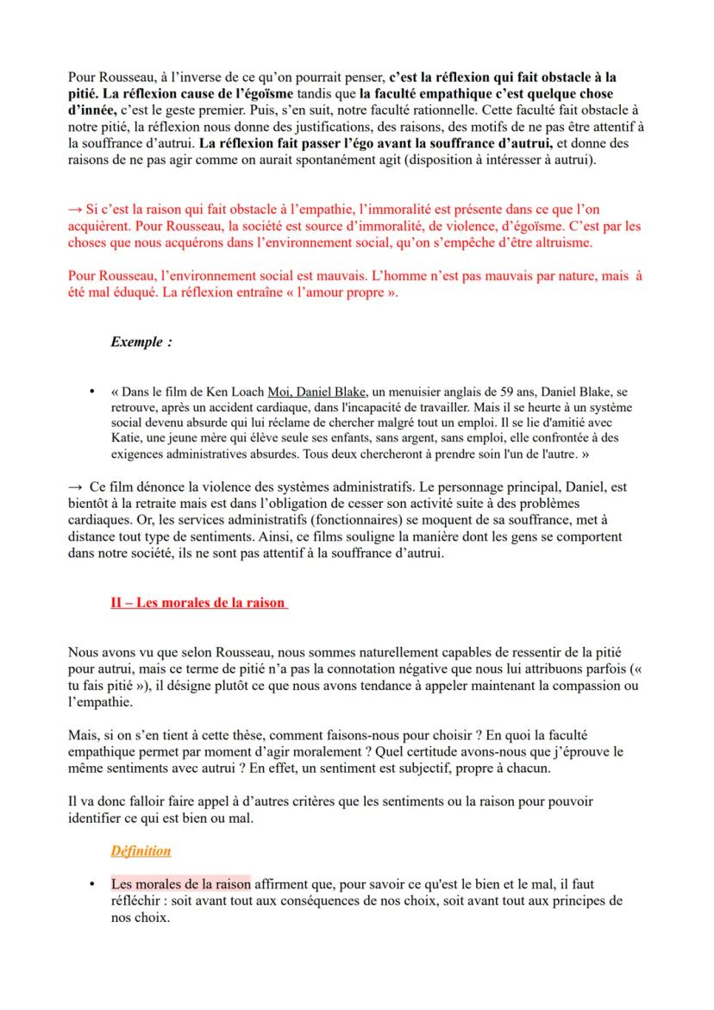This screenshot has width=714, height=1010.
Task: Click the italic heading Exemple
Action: click(x=141, y=342)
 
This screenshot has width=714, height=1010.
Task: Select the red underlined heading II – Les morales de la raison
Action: click(x=198, y=603)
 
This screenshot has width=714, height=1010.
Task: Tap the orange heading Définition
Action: click(x=141, y=850)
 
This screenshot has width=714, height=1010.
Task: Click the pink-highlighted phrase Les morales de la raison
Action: click(x=180, y=883)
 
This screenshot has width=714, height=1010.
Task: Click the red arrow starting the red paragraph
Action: click(x=75, y=208)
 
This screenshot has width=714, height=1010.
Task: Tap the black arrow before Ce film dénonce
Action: click(x=76, y=488)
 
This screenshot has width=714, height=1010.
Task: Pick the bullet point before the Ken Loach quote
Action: click(x=91, y=391)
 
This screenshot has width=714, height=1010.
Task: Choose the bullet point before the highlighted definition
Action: click(x=91, y=883)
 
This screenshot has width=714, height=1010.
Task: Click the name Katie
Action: click(x=127, y=438)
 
